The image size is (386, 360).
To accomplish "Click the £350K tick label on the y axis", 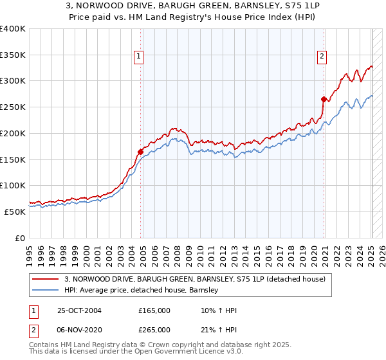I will tap(13, 55).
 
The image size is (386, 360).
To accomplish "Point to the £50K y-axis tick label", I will tap(15, 212).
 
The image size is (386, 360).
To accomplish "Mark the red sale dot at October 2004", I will tap(140, 152).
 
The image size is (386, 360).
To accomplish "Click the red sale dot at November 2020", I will tap(324, 99).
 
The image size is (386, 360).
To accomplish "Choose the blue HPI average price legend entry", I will tap(142, 291).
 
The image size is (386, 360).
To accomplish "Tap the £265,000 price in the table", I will tap(154, 329).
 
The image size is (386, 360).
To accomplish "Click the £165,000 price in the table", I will tap(154, 310).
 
